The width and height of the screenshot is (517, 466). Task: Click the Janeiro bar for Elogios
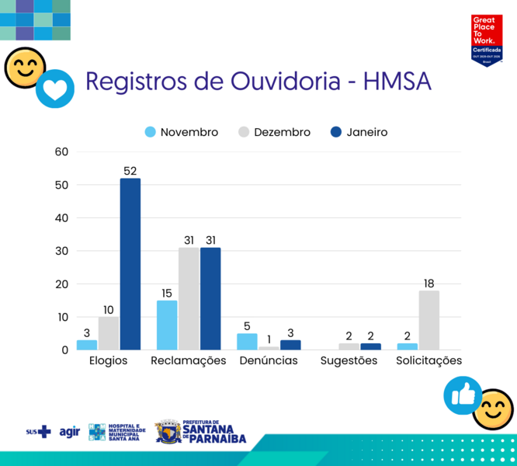[130, 264]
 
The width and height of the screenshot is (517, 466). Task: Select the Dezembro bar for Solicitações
[429, 320]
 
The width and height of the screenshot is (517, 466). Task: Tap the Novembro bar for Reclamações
[167, 325]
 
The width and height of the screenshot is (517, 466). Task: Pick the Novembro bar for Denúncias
[247, 342]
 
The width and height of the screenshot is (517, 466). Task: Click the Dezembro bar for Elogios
[109, 333]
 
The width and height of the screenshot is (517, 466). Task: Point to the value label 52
[130, 171]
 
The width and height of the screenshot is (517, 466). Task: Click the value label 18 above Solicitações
[429, 283]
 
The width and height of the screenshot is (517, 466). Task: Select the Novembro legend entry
[182, 132]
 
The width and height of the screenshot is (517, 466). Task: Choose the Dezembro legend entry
[274, 132]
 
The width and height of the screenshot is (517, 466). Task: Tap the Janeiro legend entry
[359, 132]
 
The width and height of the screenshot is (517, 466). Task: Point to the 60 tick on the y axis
[62, 151]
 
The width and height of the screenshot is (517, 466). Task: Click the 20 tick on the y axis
[62, 284]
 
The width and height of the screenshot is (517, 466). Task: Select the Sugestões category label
[349, 361]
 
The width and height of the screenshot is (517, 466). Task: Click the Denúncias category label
[268, 361]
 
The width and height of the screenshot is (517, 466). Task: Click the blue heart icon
[55, 89]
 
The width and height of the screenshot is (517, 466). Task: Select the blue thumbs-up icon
[463, 395]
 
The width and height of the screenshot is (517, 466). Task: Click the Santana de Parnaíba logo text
[213, 433]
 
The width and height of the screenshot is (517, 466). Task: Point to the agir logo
[70, 432]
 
